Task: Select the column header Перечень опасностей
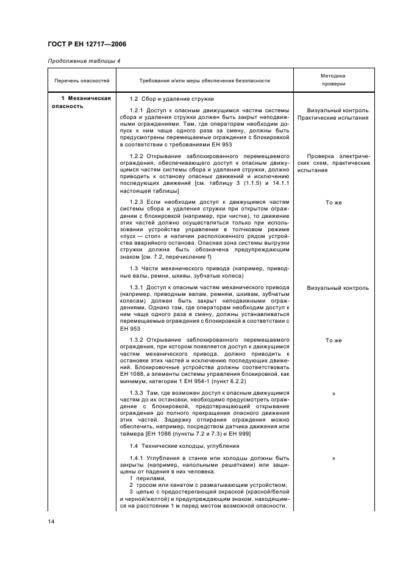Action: [82, 81]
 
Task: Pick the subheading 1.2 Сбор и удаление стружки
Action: [171, 99]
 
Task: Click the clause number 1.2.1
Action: [138, 110]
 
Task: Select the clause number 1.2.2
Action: [138, 157]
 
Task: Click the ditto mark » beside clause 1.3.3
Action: [333, 393]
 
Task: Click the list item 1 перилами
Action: [143, 479]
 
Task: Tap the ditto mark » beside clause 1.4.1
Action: [333, 458]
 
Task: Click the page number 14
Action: [51, 522]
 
